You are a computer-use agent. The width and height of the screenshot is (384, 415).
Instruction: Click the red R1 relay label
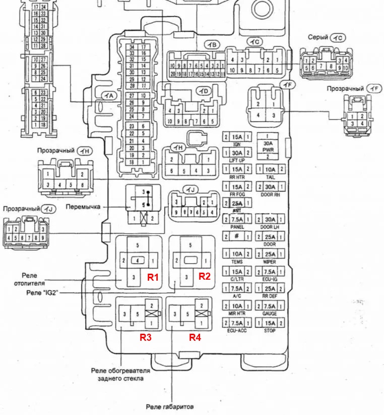153,277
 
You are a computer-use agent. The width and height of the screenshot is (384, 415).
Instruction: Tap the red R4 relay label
195,338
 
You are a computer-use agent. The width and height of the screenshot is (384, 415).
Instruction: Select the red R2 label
204,276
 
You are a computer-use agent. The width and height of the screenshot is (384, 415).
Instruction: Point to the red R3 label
146,338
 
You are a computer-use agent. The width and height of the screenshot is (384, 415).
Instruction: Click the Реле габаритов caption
170,406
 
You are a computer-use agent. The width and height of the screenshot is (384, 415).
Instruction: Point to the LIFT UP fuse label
236,160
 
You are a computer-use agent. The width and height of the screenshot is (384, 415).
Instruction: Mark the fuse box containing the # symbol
236,236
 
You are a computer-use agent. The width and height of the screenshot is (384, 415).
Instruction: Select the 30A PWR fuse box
271,145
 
